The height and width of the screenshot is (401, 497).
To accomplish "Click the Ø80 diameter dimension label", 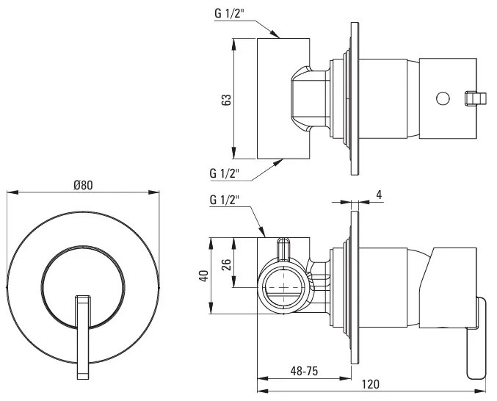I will coord(83,186).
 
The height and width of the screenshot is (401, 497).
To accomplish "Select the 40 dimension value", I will coord(204,275).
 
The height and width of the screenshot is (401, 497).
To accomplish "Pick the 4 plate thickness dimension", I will coord(379,195).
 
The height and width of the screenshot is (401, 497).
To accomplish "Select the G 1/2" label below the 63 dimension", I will coord(225,174).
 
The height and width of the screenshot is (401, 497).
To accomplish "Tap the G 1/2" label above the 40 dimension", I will coord(225,199).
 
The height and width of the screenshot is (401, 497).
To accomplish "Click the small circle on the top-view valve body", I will coord(443,98).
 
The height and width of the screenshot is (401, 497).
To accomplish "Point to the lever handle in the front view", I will coord(82,334).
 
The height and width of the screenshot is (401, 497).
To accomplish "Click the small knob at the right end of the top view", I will coord(476,98).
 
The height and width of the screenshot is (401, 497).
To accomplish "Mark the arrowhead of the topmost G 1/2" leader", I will coord(278,35).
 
